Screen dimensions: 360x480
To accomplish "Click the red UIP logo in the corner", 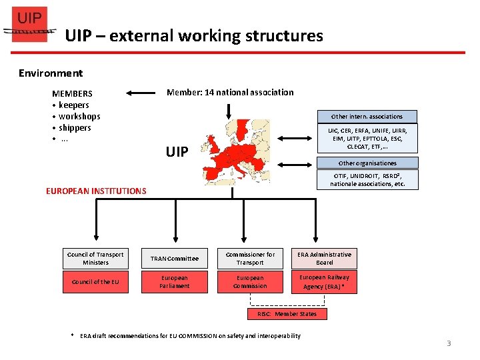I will coord(30,25).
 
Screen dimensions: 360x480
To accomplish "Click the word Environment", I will coord(51,73).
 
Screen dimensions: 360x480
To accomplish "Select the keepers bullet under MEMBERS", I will coord(73,105).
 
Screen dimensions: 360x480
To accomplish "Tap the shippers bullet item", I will coord(75,127).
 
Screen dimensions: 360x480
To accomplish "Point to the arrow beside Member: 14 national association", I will coord(141,93).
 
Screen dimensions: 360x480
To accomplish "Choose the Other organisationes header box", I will coord(367,163).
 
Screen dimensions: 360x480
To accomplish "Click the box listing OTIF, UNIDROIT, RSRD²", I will coord(367,179).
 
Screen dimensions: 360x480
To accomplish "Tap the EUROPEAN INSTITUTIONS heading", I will coord(96,191).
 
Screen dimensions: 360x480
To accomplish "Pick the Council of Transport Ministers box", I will coord(95,258).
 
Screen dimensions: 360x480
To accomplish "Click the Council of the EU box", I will coord(95,281).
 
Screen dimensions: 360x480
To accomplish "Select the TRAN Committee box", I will coord(174,259).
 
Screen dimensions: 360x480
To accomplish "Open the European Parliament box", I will coord(174,282).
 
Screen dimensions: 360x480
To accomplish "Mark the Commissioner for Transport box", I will coord(250,258).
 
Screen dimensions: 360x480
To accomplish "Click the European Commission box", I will coord(250,282).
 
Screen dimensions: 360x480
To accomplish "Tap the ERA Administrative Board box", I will coord(324,258).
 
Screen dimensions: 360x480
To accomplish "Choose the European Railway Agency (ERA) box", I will coord(324,282).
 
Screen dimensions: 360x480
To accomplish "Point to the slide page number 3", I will coord(449,343).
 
